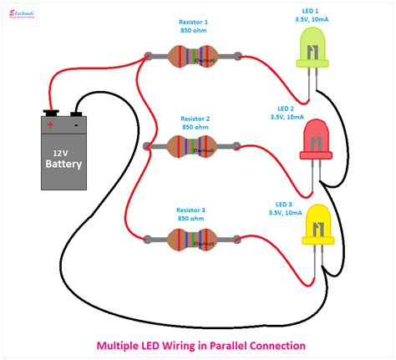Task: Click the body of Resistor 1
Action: click(x=192, y=57)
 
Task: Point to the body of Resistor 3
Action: click(x=192, y=238)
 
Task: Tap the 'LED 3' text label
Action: click(x=285, y=204)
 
